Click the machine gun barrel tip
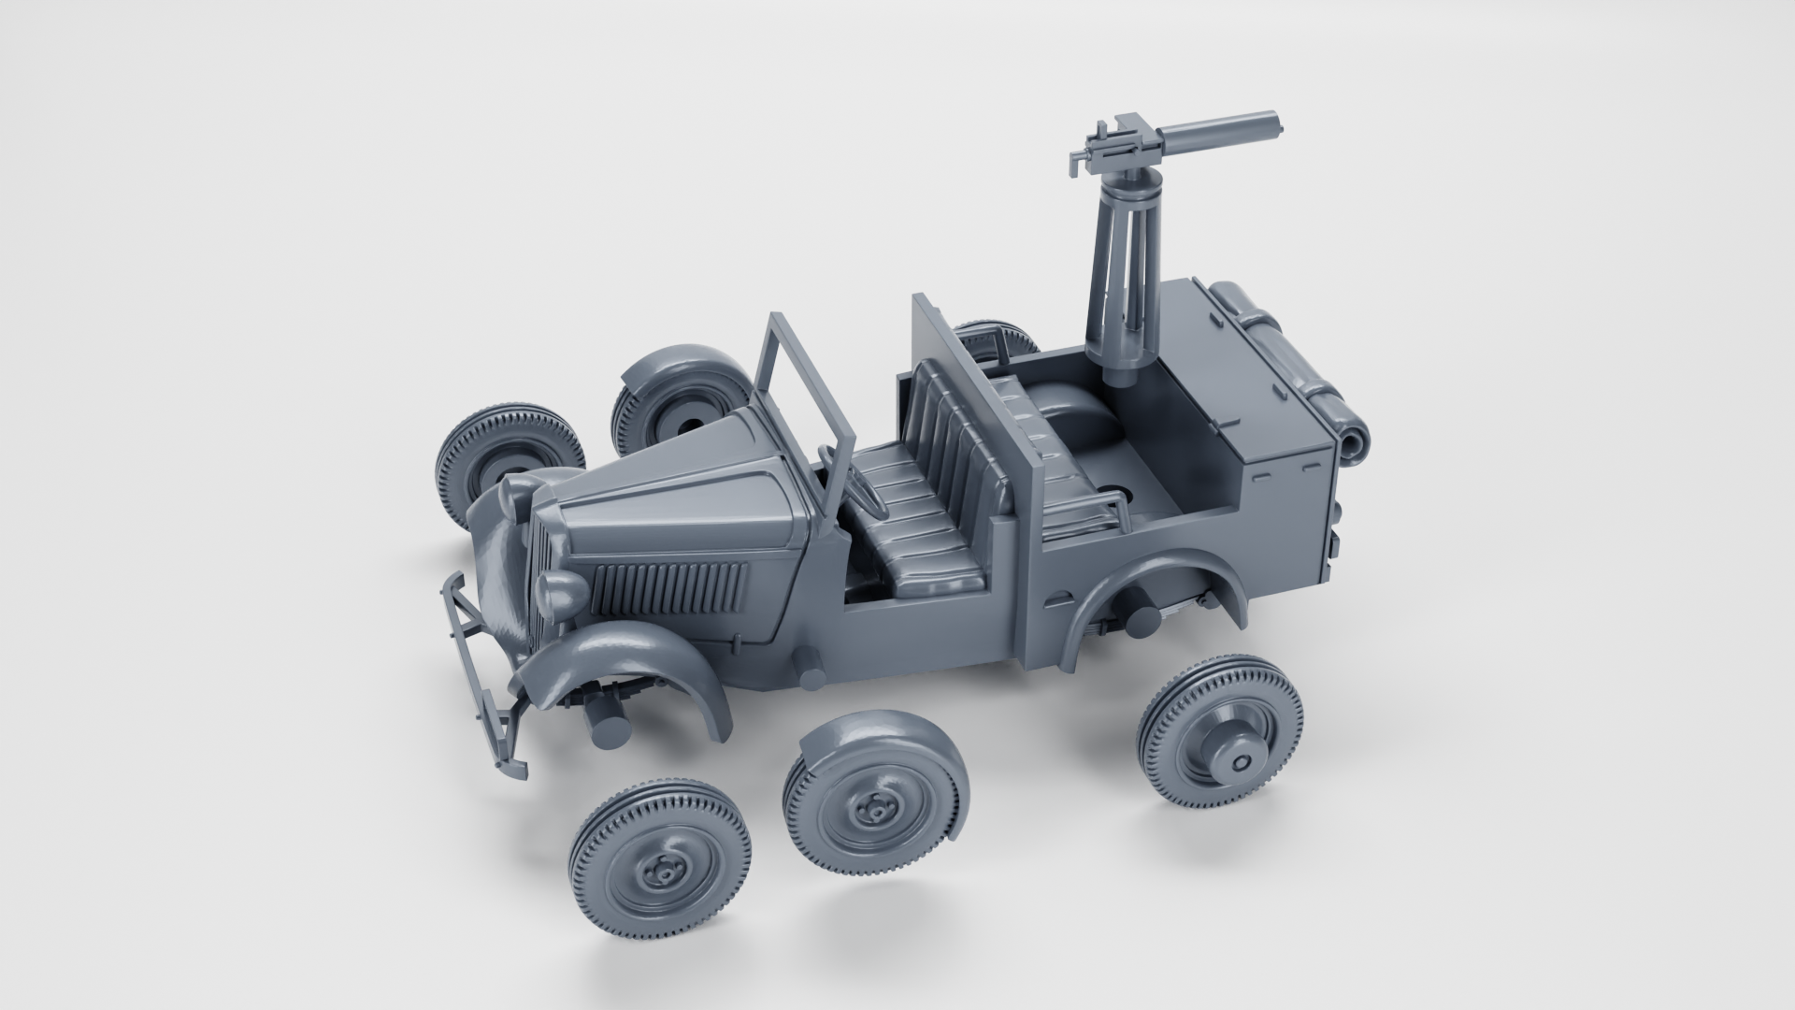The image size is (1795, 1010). [x=1273, y=147]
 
